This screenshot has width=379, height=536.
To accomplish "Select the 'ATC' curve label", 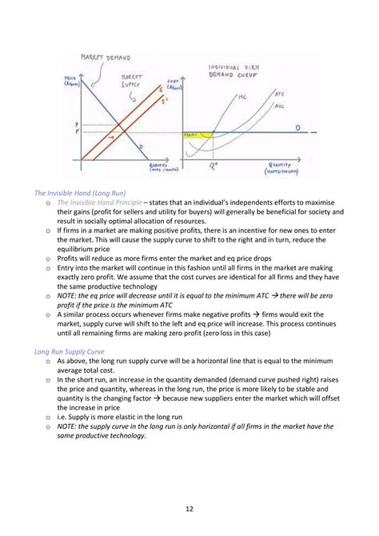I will tap(280, 93).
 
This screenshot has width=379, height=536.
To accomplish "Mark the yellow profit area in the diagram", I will tap(200, 135).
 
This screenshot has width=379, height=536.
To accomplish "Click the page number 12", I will tap(189, 507).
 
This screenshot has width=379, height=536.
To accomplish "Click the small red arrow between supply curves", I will tap(113, 138).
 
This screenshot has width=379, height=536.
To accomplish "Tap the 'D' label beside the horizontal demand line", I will tap(297, 127).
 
